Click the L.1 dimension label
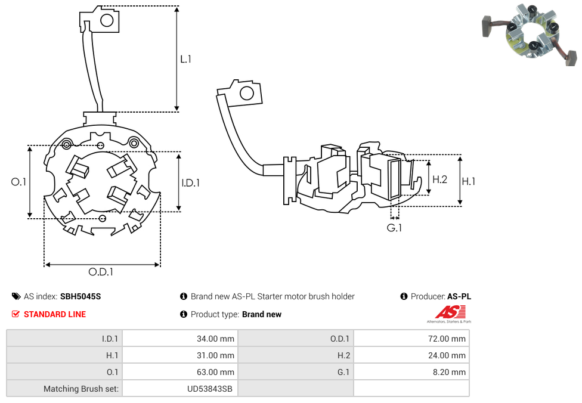pyautogui.click(x=186, y=59)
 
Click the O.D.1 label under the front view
pyautogui.click(x=101, y=272)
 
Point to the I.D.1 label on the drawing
pyautogui.click(x=191, y=183)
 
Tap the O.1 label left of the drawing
pyautogui.click(x=19, y=182)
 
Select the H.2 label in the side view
pyautogui.click(x=439, y=179)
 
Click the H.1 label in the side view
pyautogui.click(x=469, y=181)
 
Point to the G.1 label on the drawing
pyautogui.click(x=394, y=228)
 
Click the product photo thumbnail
pyautogui.click(x=530, y=33)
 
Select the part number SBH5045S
pyautogui.click(x=81, y=296)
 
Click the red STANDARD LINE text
pyautogui.click(x=55, y=314)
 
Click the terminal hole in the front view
pyautogui.click(x=107, y=21)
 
